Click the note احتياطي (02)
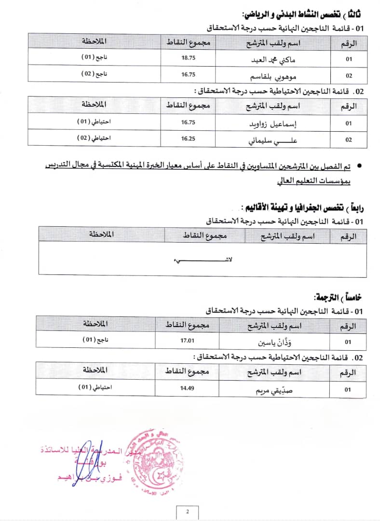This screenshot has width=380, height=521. pyautogui.click(x=95, y=137)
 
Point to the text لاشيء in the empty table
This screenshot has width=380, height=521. pyautogui.click(x=203, y=260)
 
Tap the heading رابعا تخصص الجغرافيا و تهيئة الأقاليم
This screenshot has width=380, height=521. pyautogui.click(x=308, y=208)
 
